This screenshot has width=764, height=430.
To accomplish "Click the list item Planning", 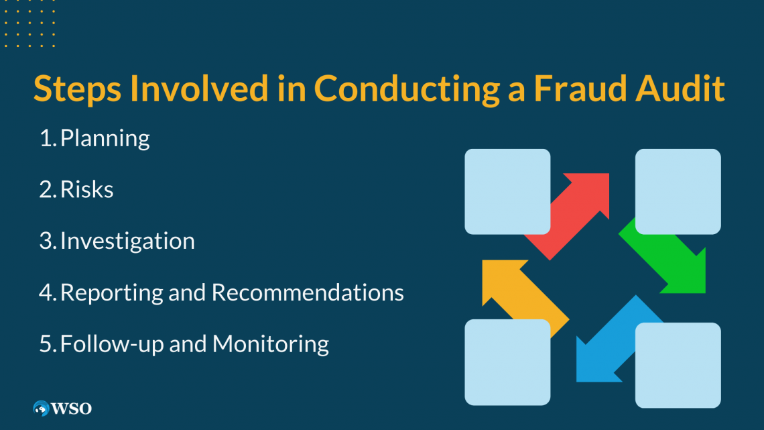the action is click(105, 138).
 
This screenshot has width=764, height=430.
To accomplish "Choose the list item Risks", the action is click(86, 189).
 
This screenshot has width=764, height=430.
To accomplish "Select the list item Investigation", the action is click(127, 241).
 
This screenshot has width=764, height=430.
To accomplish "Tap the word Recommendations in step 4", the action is click(308, 292).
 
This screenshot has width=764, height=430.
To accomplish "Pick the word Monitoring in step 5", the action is click(271, 344).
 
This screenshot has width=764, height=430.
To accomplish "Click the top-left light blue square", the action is click(508, 192).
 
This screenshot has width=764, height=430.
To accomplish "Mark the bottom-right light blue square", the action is click(678, 365).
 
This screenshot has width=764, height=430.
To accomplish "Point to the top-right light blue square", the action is click(678, 192).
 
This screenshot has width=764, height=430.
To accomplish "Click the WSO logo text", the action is click(71, 409).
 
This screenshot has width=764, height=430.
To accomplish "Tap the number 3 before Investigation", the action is click(46, 241).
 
